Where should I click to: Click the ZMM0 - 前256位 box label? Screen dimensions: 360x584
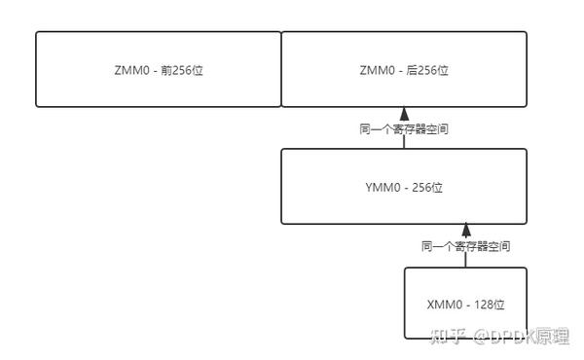(x=159, y=70)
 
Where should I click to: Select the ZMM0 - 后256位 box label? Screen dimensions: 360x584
(x=404, y=70)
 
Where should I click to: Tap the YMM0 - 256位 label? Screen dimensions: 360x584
(x=404, y=187)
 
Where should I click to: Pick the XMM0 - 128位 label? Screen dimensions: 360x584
(x=466, y=304)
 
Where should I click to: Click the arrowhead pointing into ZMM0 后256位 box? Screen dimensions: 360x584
(x=404, y=114)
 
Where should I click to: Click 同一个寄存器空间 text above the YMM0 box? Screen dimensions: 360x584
(x=404, y=128)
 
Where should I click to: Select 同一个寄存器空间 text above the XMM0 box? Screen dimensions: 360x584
(x=466, y=246)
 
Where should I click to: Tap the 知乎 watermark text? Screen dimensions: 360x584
(x=446, y=335)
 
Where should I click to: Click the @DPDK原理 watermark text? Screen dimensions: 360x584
(x=521, y=335)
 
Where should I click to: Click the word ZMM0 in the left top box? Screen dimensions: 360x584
(x=130, y=70)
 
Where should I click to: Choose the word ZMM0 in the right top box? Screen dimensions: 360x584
(x=376, y=70)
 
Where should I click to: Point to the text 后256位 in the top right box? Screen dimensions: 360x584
(x=427, y=70)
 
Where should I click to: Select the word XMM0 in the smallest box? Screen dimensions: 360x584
(x=443, y=304)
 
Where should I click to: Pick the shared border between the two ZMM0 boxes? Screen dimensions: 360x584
(x=281, y=69)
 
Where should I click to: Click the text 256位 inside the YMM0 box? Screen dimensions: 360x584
(x=425, y=187)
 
